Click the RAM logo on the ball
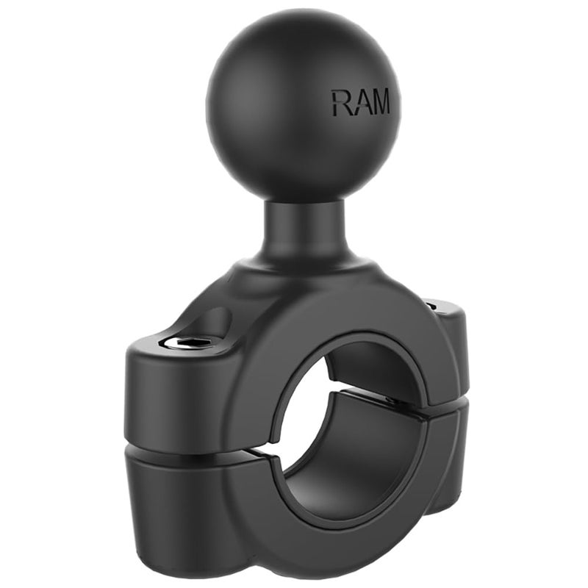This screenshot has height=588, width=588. tap(360, 104)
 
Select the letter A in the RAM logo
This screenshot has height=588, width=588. tap(359, 104)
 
